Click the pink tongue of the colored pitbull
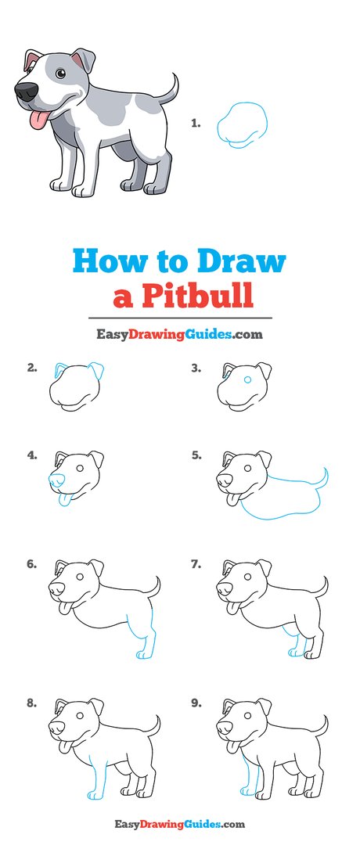coord(34,120)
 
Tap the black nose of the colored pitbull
coord(25,92)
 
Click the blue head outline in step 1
coord(243,125)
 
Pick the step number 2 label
coord(32,367)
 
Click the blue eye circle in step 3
coord(247,379)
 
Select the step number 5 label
coord(196,454)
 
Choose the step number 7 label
coord(196,563)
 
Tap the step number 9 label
coord(196,703)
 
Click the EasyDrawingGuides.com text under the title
coord(179,335)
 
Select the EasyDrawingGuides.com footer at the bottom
coord(179,824)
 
